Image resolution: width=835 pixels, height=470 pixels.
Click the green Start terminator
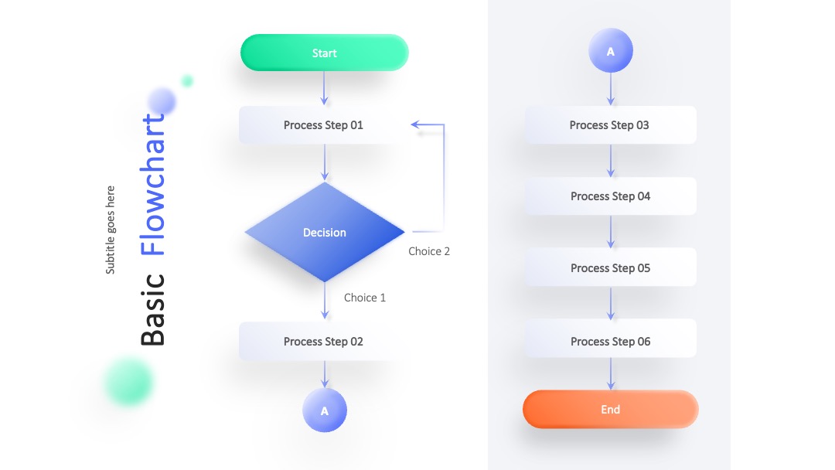point(324,53)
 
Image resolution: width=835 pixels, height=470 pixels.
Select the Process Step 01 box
point(323,125)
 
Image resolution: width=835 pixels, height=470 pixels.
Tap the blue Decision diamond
point(324,232)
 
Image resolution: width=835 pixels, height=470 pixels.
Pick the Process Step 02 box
point(323,341)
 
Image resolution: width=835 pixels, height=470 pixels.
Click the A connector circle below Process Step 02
point(324,410)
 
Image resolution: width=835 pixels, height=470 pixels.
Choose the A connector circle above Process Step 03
point(610,50)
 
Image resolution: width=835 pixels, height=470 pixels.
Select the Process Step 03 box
point(610,125)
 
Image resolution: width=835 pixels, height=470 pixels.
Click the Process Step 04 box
point(610,196)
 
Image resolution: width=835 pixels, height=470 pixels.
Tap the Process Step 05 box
point(610,267)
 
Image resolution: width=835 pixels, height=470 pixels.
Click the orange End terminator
point(610,410)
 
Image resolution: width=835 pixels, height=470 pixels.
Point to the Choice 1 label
point(365,298)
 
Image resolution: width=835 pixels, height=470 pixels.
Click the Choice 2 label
point(429,251)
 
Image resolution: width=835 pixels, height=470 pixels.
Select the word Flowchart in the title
point(153,185)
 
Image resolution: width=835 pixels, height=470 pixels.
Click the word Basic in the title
point(153,310)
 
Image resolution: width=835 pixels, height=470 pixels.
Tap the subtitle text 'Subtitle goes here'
point(111,230)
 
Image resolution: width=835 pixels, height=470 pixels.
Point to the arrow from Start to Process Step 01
point(324,88)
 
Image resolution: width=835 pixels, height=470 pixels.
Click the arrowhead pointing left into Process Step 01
point(415,124)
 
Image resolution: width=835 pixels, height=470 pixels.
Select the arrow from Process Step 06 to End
point(611,373)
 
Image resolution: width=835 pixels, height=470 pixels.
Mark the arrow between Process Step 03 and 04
point(611,160)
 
